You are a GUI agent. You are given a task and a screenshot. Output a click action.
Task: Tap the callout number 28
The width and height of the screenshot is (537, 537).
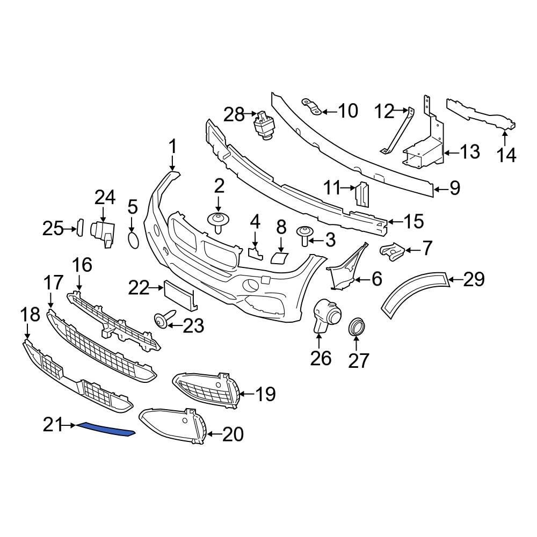point(234,114)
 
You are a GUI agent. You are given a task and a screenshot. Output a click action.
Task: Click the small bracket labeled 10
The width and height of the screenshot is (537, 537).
point(311,107)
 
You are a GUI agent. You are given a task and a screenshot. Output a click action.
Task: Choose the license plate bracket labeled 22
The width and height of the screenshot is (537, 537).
point(180,296)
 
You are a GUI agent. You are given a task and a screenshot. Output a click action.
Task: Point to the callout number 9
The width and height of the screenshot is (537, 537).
point(454,187)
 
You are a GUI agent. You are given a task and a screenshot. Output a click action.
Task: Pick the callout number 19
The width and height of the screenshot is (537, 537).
point(265,395)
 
